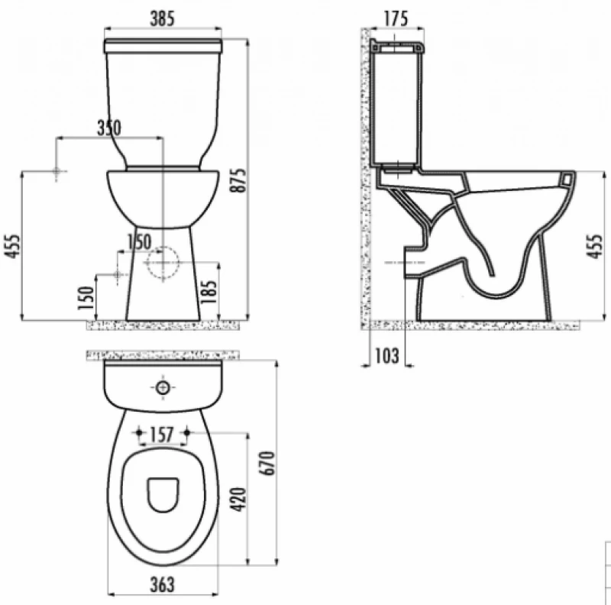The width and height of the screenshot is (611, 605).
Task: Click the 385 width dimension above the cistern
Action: pyautogui.click(x=163, y=18)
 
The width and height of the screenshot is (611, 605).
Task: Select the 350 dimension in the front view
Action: pyautogui.click(x=109, y=128)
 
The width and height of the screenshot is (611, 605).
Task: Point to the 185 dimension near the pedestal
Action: pyautogui.click(x=209, y=292)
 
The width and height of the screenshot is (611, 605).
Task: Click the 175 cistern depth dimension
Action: pyautogui.click(x=396, y=18)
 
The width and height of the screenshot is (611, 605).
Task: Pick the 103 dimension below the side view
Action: pyautogui.click(x=387, y=355)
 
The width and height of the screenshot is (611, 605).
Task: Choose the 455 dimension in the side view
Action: pyautogui.click(x=595, y=246)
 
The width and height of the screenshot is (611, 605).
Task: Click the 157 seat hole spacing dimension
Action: pyautogui.click(x=162, y=435)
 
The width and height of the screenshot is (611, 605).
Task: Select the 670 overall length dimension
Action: pyautogui.click(x=267, y=463)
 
